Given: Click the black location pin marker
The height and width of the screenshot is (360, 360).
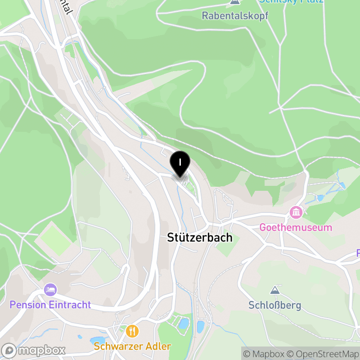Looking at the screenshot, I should [180, 164].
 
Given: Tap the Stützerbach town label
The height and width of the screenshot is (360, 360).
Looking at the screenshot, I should [200, 237].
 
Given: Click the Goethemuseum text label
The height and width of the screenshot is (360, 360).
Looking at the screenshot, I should [296, 227].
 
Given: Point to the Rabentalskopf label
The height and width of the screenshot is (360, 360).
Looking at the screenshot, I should [235, 16].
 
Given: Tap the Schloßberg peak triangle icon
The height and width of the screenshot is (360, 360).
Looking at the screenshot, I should [274, 290].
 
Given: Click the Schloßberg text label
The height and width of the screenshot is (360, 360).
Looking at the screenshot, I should [274, 305].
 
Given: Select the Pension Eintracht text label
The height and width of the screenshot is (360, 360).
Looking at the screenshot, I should [50, 305].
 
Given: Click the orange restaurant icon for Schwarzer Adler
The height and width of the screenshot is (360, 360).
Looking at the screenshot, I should [132, 331].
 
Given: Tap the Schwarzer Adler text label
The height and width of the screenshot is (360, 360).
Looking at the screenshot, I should [132, 346].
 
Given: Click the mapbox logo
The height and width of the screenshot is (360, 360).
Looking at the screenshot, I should [34, 350].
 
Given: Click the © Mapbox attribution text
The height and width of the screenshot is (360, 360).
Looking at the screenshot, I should [265, 354].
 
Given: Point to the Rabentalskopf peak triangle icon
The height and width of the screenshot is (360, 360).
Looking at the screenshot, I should [234, 2].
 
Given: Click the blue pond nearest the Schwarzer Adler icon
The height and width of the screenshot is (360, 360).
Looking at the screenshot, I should [97, 341].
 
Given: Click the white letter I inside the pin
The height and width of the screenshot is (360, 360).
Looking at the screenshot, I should [180, 162].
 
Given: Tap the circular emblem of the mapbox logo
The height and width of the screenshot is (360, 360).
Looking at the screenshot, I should [9, 350].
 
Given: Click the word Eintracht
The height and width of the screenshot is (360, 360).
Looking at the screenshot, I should [70, 305].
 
